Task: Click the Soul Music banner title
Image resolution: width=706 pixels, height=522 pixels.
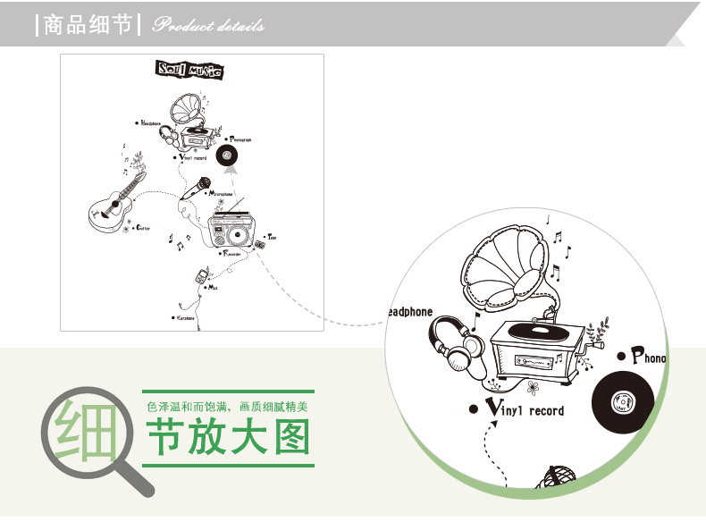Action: click(x=189, y=71)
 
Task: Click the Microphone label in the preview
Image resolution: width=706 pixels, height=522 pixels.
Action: click(x=220, y=194)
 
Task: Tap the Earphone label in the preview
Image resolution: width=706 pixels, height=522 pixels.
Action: click(x=185, y=317)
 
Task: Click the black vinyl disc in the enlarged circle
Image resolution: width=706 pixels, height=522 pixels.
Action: click(x=625, y=403)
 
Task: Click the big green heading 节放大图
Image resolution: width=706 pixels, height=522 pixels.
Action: click(x=229, y=439)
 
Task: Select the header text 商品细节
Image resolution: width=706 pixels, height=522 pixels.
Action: click(x=88, y=24)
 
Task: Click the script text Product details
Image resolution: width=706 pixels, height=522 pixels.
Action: click(x=208, y=25)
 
